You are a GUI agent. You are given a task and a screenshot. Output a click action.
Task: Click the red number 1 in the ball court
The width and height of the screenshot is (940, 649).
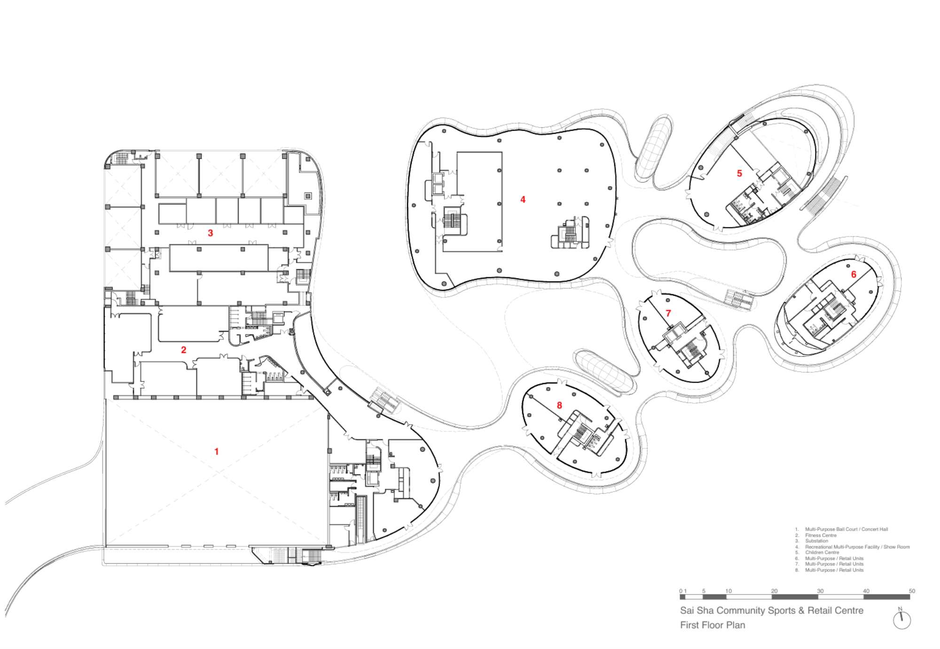click(x=216, y=452)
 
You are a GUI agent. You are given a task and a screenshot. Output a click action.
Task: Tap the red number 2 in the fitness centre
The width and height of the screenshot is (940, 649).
click(x=184, y=350)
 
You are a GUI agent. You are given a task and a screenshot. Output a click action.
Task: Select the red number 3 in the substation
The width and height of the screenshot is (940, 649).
click(x=211, y=233)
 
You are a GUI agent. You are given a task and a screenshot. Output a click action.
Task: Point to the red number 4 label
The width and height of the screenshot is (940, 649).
click(x=523, y=200)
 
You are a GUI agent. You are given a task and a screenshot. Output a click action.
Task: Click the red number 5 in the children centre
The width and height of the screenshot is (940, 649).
click(x=739, y=174)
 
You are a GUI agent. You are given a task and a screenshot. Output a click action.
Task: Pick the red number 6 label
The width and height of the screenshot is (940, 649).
click(x=854, y=274)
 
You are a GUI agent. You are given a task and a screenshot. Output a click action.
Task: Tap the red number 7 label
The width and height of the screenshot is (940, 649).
click(x=668, y=313)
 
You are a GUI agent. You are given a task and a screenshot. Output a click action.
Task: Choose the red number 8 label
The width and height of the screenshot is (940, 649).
click(x=559, y=406)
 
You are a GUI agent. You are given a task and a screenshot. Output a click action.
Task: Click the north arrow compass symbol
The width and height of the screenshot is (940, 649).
click(x=901, y=619)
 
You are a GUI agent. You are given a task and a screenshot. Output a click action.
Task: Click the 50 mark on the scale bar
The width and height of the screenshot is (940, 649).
click(x=911, y=591)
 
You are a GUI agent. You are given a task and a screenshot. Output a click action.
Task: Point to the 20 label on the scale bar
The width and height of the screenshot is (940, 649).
click(x=774, y=591)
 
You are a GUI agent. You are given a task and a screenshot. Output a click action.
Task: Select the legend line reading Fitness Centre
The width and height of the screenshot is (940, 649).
click(x=821, y=535)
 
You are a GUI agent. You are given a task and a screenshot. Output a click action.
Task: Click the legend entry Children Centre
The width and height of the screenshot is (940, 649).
click(x=822, y=553)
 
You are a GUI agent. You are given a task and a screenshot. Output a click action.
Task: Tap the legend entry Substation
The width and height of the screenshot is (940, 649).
click(x=816, y=541)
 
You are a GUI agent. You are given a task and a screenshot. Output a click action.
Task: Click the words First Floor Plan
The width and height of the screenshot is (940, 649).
click(x=713, y=625)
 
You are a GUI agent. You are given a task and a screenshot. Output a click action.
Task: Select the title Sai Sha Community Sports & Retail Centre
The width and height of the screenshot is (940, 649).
click(x=771, y=610)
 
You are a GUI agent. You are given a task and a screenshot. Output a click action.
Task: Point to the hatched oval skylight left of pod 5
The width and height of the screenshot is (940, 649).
click(x=653, y=148)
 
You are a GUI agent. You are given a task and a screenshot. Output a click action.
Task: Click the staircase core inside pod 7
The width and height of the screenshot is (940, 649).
click(x=691, y=352)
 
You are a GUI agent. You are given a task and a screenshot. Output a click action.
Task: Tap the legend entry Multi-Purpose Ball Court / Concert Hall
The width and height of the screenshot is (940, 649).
click(x=846, y=529)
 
